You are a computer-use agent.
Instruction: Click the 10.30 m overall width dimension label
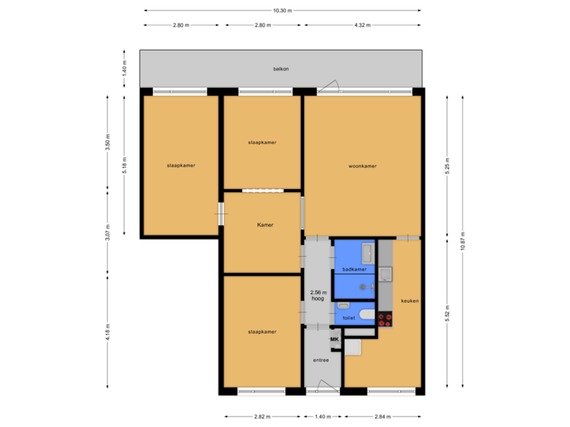[282, 10]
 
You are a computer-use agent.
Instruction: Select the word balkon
[281, 69]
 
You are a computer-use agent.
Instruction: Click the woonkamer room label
[362, 166]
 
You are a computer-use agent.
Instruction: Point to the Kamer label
[264, 225]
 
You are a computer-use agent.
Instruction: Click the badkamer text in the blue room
[353, 270]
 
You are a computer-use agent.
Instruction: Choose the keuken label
[410, 301]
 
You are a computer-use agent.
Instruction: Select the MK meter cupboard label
[334, 340]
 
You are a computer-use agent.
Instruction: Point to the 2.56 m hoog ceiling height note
[318, 295]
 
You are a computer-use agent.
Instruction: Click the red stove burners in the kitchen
[386, 319]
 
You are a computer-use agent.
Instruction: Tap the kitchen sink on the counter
[385, 274]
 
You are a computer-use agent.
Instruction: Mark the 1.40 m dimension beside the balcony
[124, 69]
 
